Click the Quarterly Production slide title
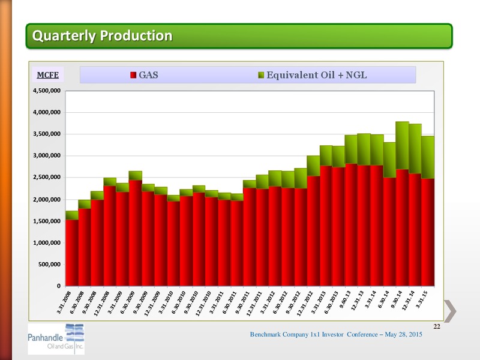click(102, 35)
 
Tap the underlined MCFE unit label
click(48, 75)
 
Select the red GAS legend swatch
click(133, 75)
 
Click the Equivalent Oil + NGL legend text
click(317, 75)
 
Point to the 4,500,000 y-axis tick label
click(47, 91)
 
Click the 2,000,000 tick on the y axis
click(47, 199)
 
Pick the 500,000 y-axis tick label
click(50, 264)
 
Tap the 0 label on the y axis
click(58, 286)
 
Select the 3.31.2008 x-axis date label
click(64, 302)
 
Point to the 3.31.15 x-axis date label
click(421, 299)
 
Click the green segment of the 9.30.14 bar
click(402, 146)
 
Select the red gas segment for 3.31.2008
click(72, 253)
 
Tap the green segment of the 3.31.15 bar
click(428, 158)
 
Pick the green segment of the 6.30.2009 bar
click(136, 176)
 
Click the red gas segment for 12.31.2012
click(313, 231)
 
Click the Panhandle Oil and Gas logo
click(56, 339)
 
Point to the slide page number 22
click(437, 326)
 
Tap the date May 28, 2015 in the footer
click(403, 334)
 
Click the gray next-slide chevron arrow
click(450, 311)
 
